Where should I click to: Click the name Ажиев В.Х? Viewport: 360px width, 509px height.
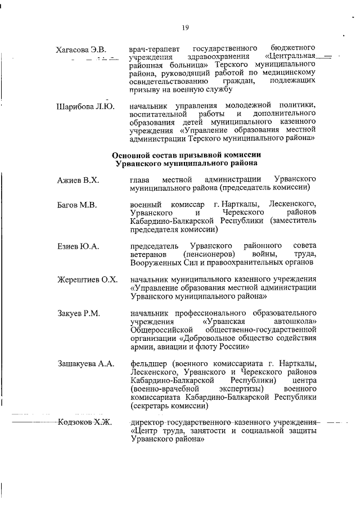tap(78, 180)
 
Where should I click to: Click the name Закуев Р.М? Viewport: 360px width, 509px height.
tap(78, 313)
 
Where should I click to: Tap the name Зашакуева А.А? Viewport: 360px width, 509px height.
tap(85, 364)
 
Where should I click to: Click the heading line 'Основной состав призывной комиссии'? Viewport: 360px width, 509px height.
tap(186, 155)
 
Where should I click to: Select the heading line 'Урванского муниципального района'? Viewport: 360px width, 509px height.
tap(186, 163)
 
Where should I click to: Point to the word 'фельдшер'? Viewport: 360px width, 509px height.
tap(149, 363)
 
